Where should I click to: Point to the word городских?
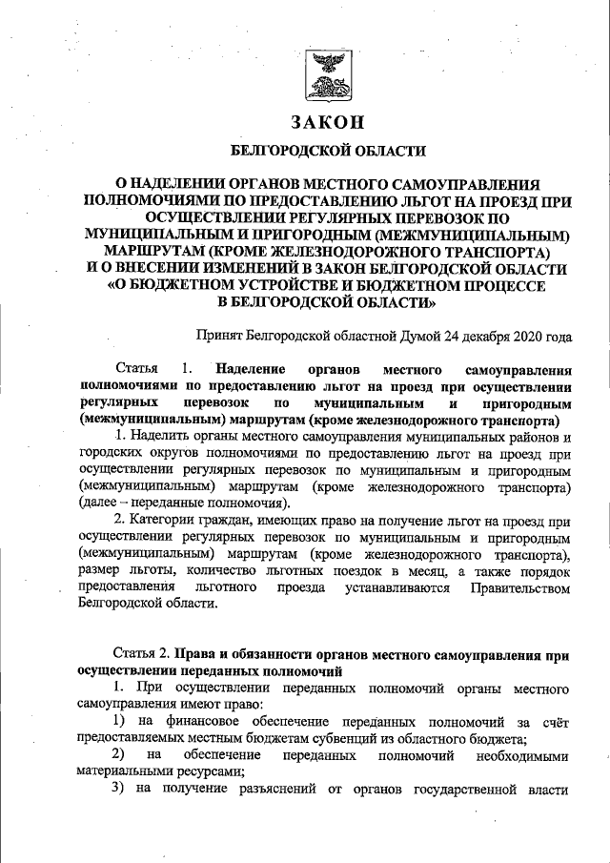106,453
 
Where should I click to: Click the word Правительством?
520,587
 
